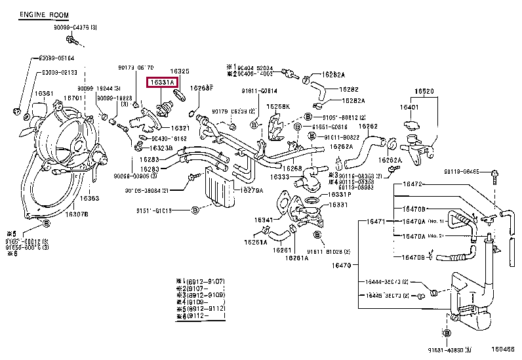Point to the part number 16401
tap(409, 106)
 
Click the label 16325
tap(180, 71)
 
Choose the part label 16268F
tap(201, 88)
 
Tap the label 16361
tap(45, 94)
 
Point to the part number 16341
tap(264, 219)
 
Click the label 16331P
tap(340, 194)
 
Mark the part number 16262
tap(369, 126)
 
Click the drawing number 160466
tap(504, 350)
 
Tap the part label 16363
tap(90, 197)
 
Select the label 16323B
tap(161, 148)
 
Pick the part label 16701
tap(72, 97)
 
